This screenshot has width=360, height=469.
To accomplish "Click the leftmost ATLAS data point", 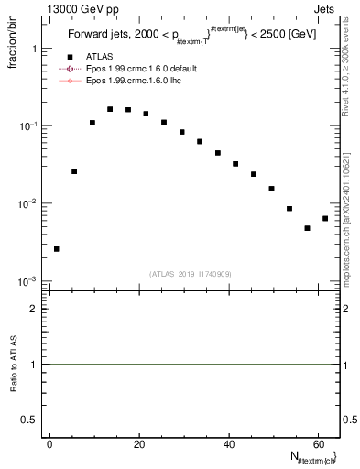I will [x=57, y=248].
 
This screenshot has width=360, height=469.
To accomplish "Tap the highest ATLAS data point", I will [x=110, y=108].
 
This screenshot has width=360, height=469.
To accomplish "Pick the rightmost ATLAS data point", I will [x=325, y=218].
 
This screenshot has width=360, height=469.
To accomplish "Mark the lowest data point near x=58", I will [x=307, y=228].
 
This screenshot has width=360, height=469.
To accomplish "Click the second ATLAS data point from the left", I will [x=74, y=171].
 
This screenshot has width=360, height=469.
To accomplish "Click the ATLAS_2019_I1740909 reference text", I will [x=191, y=274].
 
